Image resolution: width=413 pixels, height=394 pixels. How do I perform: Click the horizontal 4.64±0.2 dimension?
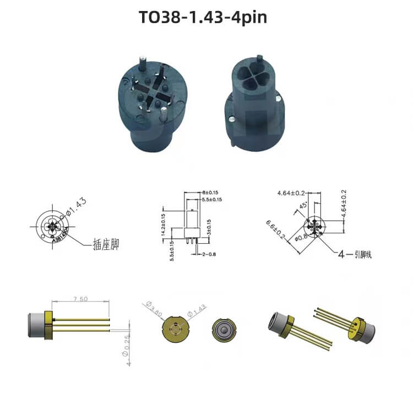coord(291,193)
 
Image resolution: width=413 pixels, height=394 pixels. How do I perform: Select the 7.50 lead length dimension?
coord(80,299)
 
